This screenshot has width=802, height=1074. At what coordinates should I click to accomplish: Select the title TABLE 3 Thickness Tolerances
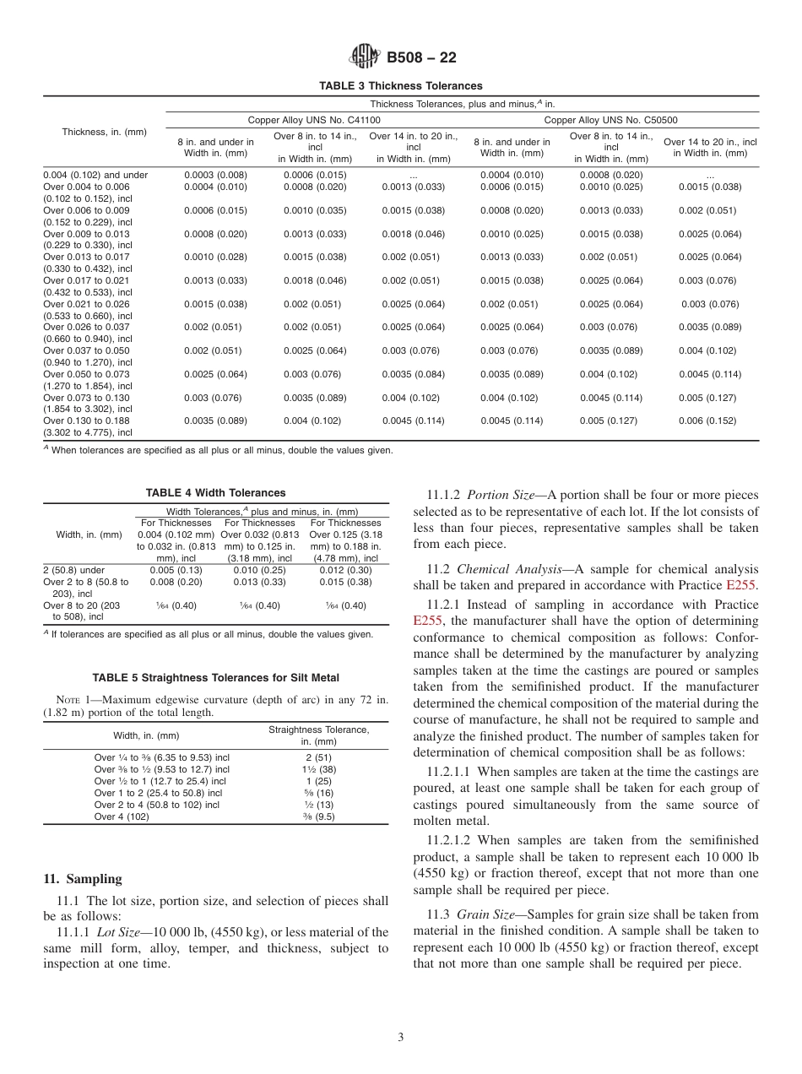tap(400, 86)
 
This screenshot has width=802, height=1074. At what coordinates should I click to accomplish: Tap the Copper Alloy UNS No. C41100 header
tap(313, 121)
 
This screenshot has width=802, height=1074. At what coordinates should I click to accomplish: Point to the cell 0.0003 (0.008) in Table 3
tap(215, 175)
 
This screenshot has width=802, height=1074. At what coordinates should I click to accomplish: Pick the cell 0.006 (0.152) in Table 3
tap(710, 420)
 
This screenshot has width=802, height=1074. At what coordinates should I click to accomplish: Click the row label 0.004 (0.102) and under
tap(95, 175)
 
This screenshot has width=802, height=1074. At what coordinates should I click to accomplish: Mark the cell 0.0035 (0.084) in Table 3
tap(413, 373)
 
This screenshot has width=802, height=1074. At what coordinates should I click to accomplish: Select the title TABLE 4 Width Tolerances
tap(215, 493)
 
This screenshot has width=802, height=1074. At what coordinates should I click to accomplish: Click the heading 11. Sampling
tap(83, 879)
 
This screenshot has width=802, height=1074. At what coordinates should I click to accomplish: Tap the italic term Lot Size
tap(117, 932)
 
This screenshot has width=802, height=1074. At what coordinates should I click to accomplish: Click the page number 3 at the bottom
tap(401, 1038)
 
